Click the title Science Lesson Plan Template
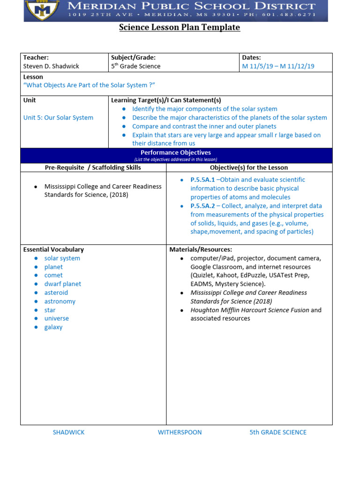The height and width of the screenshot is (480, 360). (x=180, y=28)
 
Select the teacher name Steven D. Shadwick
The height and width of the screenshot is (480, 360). (x=51, y=66)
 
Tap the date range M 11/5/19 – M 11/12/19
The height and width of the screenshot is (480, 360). (x=278, y=66)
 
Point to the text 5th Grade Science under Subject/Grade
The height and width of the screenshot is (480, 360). (x=135, y=66)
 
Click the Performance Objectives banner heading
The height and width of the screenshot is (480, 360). (x=176, y=153)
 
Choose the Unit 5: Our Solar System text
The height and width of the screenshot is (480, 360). (x=58, y=118)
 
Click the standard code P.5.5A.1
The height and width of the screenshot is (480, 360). (x=202, y=180)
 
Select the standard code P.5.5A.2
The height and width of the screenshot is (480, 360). (x=202, y=206)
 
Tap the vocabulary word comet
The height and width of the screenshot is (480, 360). (x=53, y=275)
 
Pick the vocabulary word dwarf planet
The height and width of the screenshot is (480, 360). (x=62, y=284)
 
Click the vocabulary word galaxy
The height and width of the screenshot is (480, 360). (x=53, y=327)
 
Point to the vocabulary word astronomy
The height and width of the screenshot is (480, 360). (x=60, y=301)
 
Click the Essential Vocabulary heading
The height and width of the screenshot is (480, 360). (x=53, y=249)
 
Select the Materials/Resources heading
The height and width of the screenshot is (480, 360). (x=201, y=249)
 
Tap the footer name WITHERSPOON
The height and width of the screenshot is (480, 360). (x=180, y=432)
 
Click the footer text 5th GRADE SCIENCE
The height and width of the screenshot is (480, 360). (x=278, y=432)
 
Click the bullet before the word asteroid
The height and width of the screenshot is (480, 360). (x=36, y=293)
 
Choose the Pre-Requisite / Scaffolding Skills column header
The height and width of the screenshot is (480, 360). (x=93, y=167)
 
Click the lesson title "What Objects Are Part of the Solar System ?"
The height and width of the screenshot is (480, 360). (x=89, y=85)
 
